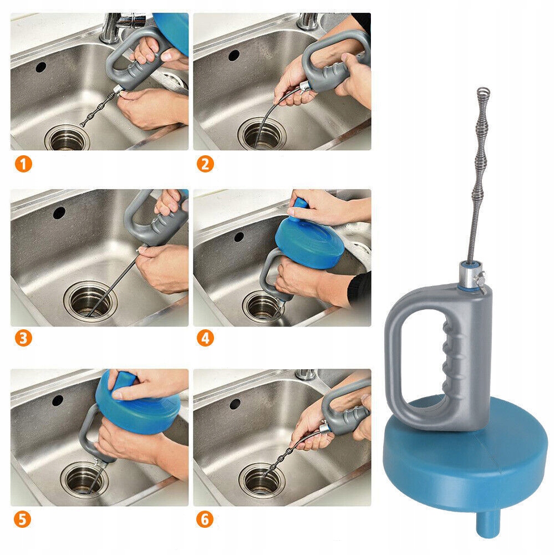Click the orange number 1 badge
[x=23, y=164]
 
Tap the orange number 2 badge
[x=205, y=164]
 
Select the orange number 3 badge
[x=23, y=338]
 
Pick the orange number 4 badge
[x=205, y=338]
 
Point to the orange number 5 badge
[x=22, y=520]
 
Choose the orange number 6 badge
[x=205, y=520]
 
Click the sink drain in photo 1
[x=67, y=138]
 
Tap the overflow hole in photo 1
[x=40, y=67]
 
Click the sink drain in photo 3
[x=90, y=301]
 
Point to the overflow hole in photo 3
[x=59, y=213]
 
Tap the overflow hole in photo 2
[x=233, y=55]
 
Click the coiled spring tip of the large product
[x=483, y=93]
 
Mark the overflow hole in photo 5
[x=58, y=400]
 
